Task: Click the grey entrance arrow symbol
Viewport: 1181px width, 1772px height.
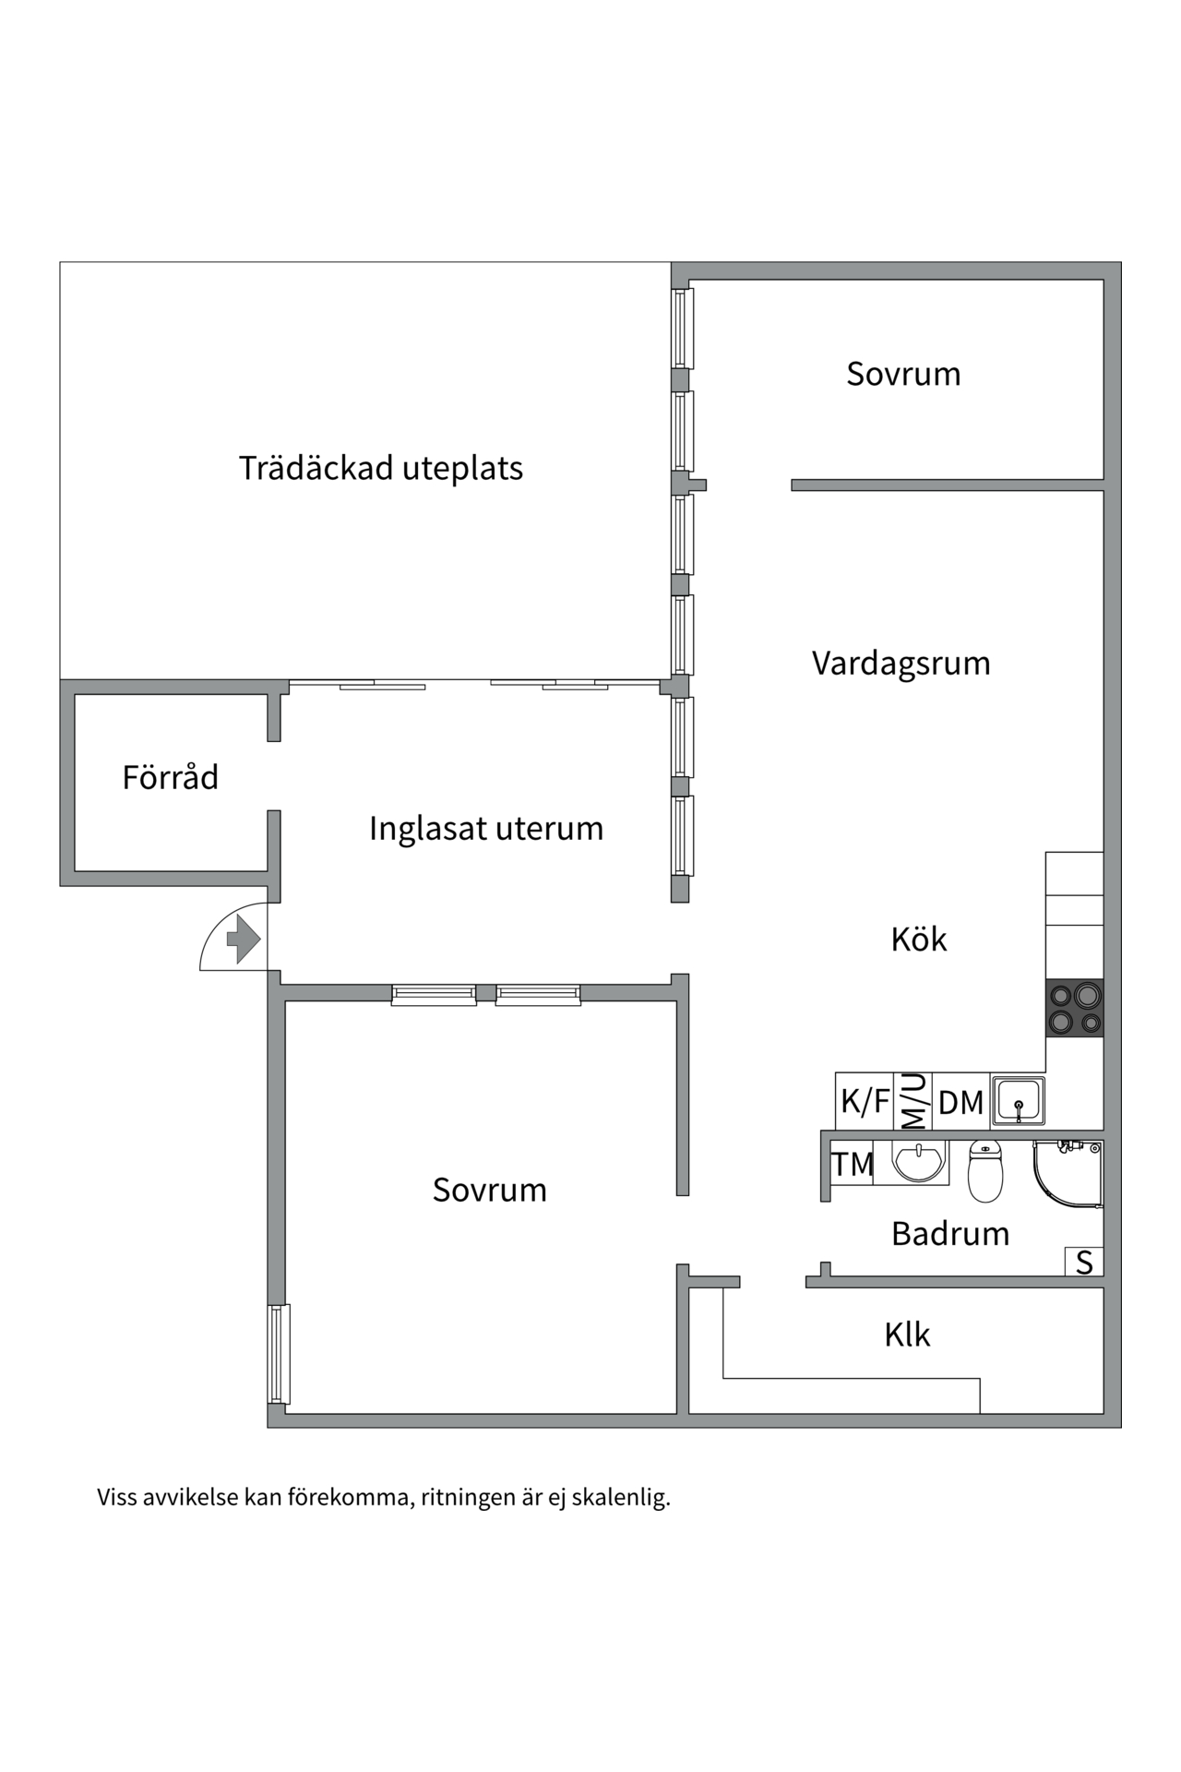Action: coord(244,939)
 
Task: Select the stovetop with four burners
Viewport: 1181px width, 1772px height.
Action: coord(1075,1009)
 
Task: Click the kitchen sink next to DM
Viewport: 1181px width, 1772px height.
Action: coord(1018,1100)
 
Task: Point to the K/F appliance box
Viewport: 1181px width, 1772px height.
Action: coord(865,1101)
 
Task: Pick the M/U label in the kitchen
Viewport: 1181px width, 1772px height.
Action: coord(913,1101)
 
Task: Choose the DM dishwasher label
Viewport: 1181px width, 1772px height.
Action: coord(960,1102)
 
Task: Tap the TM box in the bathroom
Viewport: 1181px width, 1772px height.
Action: coord(852,1165)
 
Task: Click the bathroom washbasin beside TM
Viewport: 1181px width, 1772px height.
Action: coord(919,1162)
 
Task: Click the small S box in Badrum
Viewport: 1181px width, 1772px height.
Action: coord(1084,1262)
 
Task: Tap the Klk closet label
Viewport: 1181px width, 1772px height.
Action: coord(907,1335)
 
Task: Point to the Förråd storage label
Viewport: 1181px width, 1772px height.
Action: coord(171,777)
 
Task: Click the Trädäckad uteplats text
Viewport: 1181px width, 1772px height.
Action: coord(381,468)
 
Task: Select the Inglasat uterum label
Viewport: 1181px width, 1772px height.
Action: coord(486,828)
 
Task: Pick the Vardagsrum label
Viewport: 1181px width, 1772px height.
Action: coord(901,663)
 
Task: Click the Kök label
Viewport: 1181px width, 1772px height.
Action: coord(918,939)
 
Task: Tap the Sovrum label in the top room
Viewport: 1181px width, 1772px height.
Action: coord(903,374)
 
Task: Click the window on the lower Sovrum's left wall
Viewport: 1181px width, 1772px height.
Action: coord(279,1353)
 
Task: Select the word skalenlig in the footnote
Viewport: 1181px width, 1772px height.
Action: coord(620,1497)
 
